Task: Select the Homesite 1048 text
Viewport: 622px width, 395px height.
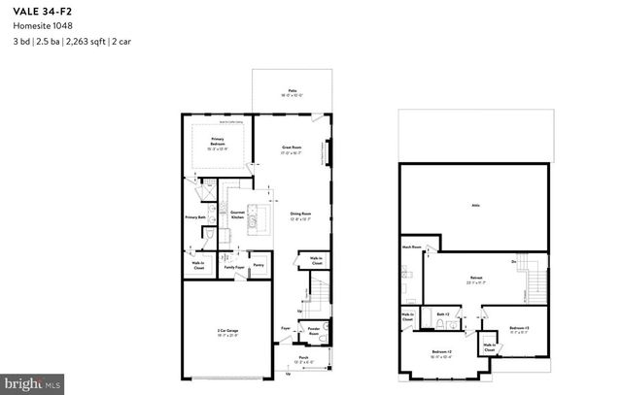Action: pos(35,28)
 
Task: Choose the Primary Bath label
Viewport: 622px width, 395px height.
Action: pos(195,217)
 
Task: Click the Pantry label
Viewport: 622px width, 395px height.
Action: pos(259,264)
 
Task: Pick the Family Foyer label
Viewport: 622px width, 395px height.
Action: pos(233,264)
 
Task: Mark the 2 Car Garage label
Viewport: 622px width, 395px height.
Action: pos(228,332)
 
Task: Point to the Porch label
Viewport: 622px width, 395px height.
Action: pos(303,358)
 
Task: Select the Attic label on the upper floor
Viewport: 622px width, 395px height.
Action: pos(476,206)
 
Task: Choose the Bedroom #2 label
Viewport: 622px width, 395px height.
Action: pos(441,351)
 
